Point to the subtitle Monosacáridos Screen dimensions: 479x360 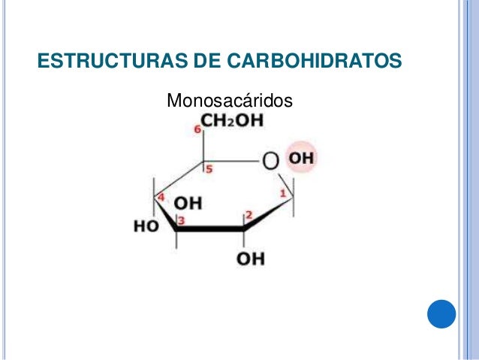(x=228, y=100)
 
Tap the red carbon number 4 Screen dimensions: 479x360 (x=161, y=197)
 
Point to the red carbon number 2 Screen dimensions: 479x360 (x=249, y=216)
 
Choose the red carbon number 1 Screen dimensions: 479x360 (x=282, y=195)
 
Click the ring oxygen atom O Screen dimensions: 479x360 (x=270, y=160)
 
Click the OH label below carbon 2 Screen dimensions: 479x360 (x=250, y=259)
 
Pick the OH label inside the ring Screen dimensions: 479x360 (x=188, y=204)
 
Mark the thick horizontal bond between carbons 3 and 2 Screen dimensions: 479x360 (x=211, y=228)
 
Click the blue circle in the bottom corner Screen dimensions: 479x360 (x=442, y=314)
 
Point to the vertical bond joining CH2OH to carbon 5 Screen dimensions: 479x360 (x=202, y=148)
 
